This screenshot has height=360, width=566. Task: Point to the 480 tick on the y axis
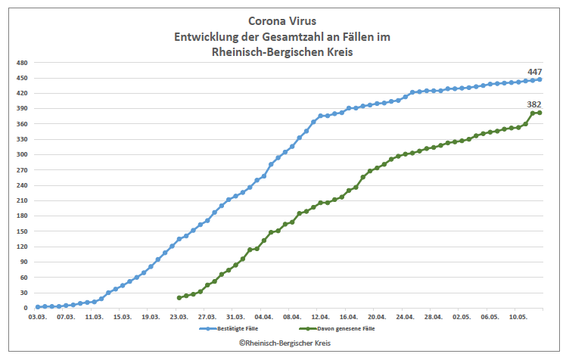[23, 63]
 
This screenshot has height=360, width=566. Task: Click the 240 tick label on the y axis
[23, 185]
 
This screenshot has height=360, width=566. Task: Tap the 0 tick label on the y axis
[26, 308]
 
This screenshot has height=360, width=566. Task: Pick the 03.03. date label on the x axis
[37, 318]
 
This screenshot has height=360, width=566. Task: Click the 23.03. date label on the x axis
[179, 318]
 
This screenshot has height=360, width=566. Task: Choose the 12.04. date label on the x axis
[320, 318]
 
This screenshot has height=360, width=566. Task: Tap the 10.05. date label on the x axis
[518, 318]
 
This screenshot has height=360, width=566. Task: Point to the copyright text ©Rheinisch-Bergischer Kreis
[282, 343]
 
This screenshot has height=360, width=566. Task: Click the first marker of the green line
[179, 298]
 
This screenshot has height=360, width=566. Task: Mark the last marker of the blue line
[540, 79]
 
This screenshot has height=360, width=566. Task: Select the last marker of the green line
[540, 113]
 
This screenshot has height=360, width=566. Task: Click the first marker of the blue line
[38, 307]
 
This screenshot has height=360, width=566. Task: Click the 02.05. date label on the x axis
[462, 318]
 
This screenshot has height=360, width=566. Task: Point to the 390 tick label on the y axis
[23, 109]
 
